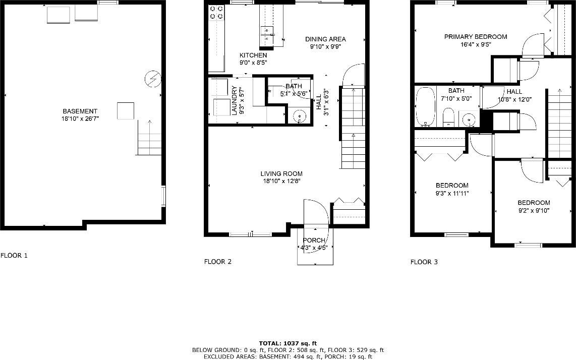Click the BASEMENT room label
(x=80, y=111)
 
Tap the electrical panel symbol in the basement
(x=152, y=79)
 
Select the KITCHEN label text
(x=253, y=55)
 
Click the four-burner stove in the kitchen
(x=217, y=12)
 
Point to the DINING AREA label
(x=325, y=39)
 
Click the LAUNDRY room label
(x=235, y=100)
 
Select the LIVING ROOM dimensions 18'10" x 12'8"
(x=281, y=181)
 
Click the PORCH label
(x=314, y=241)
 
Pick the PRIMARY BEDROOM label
(x=475, y=37)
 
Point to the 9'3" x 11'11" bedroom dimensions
(x=452, y=193)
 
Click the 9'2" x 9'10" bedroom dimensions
(x=533, y=211)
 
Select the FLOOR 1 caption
(x=14, y=256)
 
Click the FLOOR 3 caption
(x=424, y=262)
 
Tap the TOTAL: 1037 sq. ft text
(x=287, y=342)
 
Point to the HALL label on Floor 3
(x=514, y=91)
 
